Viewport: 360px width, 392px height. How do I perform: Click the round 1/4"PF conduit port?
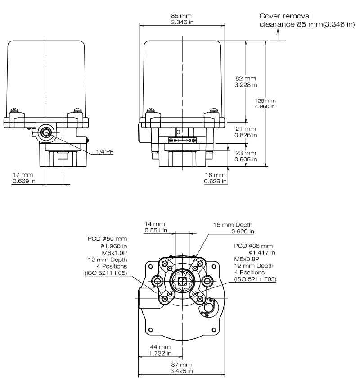point(45,132)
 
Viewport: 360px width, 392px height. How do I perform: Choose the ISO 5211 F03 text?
point(255,279)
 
